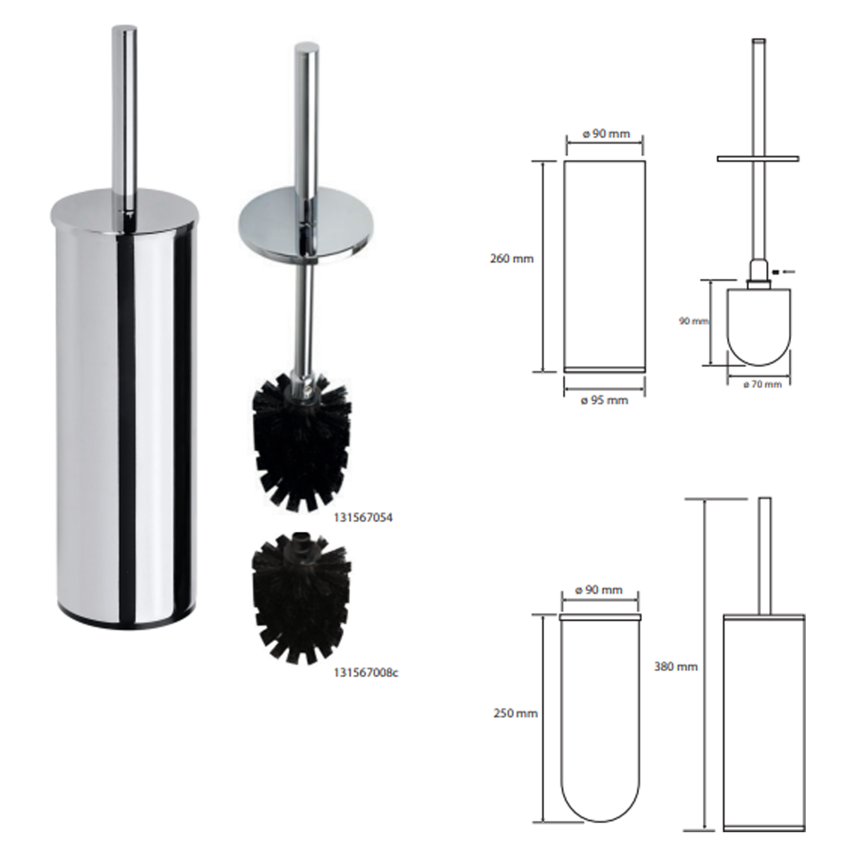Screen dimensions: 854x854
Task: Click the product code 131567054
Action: tap(363, 518)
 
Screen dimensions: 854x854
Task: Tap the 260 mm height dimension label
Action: tap(512, 259)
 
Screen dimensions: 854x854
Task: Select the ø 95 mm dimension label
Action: tap(604, 401)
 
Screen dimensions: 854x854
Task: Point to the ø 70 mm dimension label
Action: tap(762, 385)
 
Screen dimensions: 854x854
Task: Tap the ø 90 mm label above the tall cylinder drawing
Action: tap(606, 134)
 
